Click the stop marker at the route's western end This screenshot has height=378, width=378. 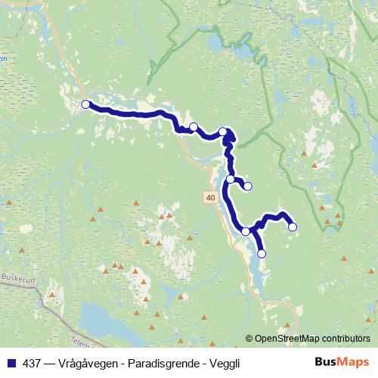pos(85,104)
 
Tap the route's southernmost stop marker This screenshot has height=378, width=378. pos(262,254)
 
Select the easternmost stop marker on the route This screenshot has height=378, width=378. pos(293,227)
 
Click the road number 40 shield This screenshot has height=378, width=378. pos(209,197)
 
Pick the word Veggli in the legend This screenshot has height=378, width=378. pos(225,362)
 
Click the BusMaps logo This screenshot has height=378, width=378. pos(342,361)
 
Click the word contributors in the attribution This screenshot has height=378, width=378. pos(347,339)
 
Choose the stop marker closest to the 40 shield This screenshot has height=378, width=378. pos(231,179)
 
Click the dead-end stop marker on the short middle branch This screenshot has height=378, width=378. pos(247,186)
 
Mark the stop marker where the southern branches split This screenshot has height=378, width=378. pos(246,231)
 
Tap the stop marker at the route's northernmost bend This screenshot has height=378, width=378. pos(223,132)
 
